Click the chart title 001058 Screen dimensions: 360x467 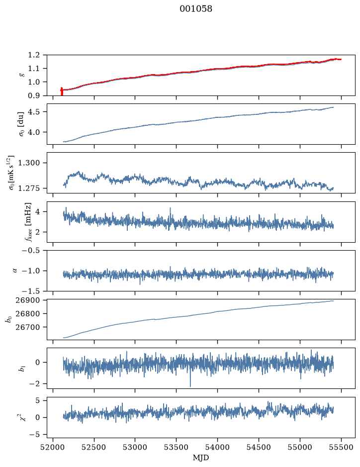pyautogui.click(x=196, y=9)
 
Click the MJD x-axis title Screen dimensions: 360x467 pyautogui.click(x=201, y=458)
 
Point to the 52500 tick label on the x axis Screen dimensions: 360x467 pyautogui.click(x=94, y=447)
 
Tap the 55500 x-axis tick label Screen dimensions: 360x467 pyautogui.click(x=341, y=447)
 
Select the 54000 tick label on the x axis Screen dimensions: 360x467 pyautogui.click(x=217, y=447)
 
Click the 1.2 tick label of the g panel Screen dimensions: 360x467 pyautogui.click(x=34, y=55)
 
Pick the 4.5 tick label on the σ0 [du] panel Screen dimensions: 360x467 pyautogui.click(x=34, y=112)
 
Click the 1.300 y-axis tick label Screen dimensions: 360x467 pyautogui.click(x=29, y=163)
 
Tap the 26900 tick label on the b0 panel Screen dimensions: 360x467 pyautogui.click(x=27, y=300)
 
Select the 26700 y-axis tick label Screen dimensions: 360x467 pyautogui.click(x=27, y=327)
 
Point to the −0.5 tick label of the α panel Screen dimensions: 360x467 pyautogui.click(x=31, y=250)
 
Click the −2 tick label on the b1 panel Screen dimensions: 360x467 pyautogui.click(x=34, y=384)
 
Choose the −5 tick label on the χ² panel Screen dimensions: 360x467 pyautogui.click(x=34, y=435)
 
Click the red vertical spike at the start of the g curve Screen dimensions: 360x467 pyautogui.click(x=62, y=91)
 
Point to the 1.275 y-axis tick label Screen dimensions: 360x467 pyautogui.click(x=29, y=188)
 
